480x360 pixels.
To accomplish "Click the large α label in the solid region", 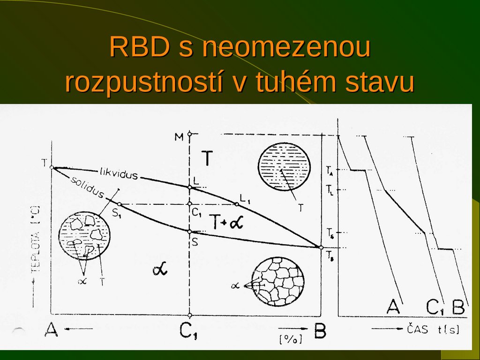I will click(160, 270).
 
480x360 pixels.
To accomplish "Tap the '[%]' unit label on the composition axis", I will click(290, 338).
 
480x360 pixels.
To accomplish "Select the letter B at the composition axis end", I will click(320, 331).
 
